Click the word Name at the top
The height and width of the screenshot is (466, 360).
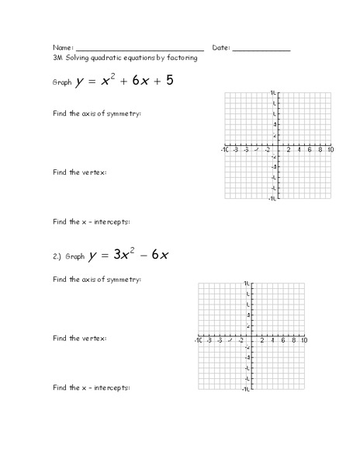[62, 48]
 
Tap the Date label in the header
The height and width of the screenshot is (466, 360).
[220, 48]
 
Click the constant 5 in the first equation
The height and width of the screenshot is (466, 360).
[168, 80]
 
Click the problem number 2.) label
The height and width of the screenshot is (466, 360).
[57, 256]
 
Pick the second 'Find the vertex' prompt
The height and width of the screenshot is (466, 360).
[80, 339]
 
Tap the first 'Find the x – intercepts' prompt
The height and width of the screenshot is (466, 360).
[91, 221]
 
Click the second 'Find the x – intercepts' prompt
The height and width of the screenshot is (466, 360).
[91, 387]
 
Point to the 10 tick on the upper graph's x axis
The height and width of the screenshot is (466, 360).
[331, 149]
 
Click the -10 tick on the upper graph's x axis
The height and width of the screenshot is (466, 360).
[223, 149]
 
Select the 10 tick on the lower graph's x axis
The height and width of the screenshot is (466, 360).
[304, 341]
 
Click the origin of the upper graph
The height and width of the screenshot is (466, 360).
[277, 144]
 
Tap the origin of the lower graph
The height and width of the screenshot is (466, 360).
[251, 336]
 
